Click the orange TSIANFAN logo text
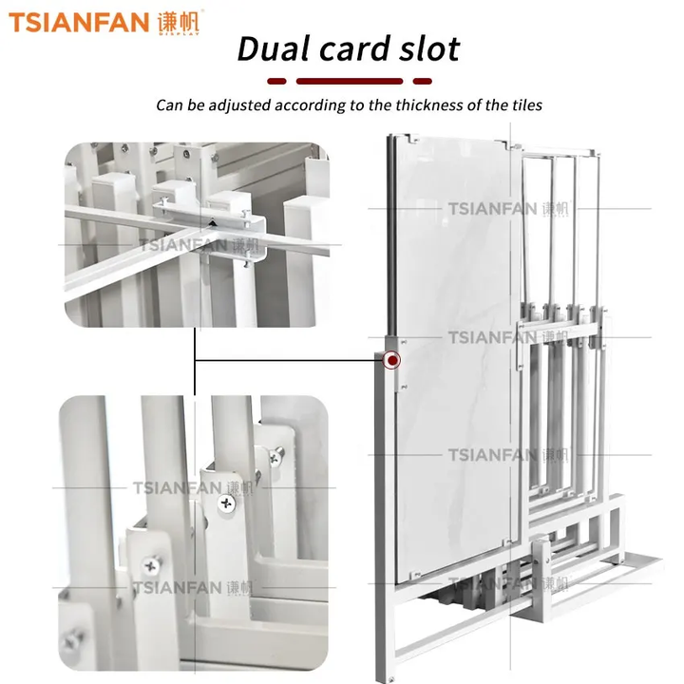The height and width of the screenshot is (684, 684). (x=79, y=22)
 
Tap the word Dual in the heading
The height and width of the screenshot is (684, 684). (x=274, y=48)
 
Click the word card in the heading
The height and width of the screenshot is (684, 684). (x=354, y=48)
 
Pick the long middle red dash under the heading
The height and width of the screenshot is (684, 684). (x=350, y=81)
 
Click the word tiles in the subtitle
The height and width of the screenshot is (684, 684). (x=527, y=105)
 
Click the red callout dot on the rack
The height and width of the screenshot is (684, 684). (x=392, y=360)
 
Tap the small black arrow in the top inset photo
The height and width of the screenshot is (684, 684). (x=212, y=223)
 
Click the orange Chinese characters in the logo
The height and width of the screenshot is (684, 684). (x=179, y=21)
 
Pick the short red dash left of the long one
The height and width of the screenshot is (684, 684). (x=276, y=81)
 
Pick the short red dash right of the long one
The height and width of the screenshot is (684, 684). (x=422, y=81)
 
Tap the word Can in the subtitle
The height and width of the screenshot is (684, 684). (x=169, y=105)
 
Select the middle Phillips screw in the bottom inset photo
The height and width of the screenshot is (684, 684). (x=226, y=504)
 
